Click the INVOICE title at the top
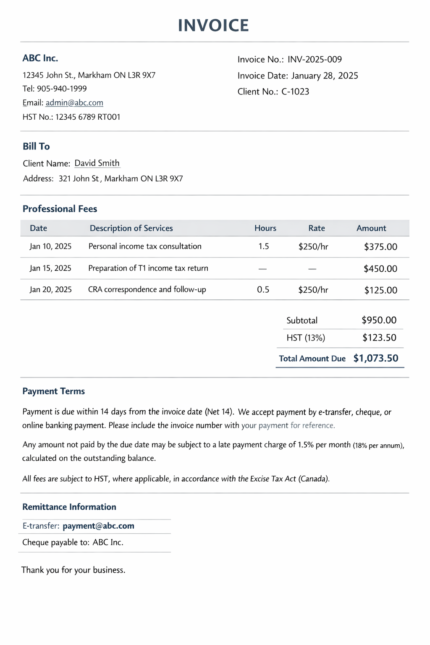213,26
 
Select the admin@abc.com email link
74,103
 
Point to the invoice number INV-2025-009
315,60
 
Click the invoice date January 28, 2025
325,76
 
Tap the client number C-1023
295,92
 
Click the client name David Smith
97,163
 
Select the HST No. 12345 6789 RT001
88,117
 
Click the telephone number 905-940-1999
62,89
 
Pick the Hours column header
265,228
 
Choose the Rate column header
317,228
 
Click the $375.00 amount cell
380,247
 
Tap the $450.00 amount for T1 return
380,269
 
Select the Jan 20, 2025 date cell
51,290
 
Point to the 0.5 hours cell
263,290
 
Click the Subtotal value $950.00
379,320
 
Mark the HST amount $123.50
380,338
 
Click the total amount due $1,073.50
376,358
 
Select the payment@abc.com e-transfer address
99,526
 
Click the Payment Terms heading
54,391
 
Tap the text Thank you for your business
73,570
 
